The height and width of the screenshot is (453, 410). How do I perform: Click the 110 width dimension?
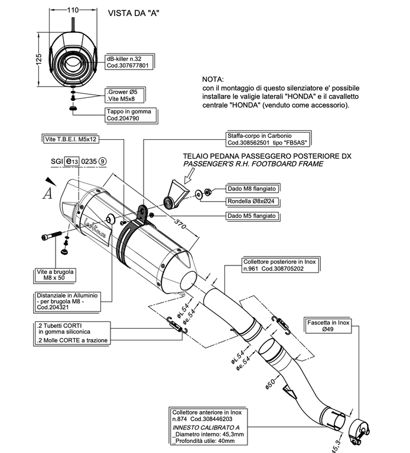73,11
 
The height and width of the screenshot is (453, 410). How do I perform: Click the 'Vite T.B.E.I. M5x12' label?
71,140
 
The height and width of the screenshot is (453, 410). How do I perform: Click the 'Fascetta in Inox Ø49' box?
328,326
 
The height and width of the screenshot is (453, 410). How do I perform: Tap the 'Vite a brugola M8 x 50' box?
52,274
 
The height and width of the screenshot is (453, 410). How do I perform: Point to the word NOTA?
213,78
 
